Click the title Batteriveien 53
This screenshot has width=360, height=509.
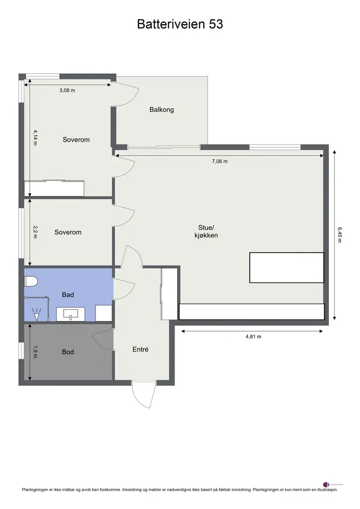point(180,24)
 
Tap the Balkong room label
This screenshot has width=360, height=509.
point(162,110)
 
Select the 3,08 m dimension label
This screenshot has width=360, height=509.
point(67,90)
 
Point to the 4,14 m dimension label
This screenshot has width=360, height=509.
point(36,137)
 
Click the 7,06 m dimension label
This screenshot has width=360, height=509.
point(220,161)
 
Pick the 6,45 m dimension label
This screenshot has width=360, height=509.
point(340,235)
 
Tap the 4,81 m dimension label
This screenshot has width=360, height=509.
point(253,337)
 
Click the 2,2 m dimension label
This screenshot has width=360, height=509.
point(36,232)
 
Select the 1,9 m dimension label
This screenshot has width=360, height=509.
point(36,352)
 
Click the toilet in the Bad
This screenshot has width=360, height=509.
point(31,282)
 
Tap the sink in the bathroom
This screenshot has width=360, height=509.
point(71,314)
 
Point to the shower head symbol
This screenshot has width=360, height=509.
point(37,314)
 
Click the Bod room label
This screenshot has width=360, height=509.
point(68,352)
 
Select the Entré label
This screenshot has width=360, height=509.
point(140,349)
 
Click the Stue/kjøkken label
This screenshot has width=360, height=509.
point(206,232)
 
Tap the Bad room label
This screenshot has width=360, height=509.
point(68,295)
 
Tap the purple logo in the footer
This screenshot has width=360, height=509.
point(326,485)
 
